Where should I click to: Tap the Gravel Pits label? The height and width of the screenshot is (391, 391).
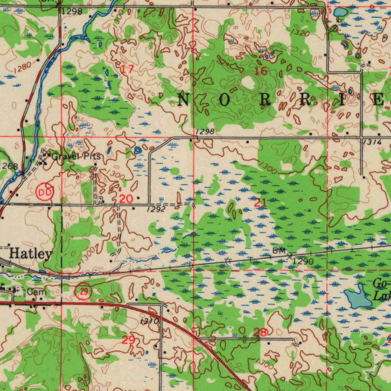pos(76,156)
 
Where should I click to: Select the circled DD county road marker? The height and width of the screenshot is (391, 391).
pos(45,192)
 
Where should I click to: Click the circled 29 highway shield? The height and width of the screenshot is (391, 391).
pos(84,292)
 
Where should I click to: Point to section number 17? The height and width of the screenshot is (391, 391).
pos(128,70)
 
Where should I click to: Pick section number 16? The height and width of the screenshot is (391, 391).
pos(261,71)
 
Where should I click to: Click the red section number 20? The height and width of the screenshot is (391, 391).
pos(126,199)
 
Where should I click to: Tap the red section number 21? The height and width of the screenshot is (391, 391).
pos(260,203)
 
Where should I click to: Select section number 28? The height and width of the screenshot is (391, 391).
pos(260,333)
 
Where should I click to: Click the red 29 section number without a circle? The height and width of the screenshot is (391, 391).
pos(128,339)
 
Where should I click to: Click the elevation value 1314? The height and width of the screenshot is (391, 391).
pos(373,142)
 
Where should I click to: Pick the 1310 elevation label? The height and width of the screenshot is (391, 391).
pos(149,322)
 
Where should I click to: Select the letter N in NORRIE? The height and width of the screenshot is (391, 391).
pos(184,100)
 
